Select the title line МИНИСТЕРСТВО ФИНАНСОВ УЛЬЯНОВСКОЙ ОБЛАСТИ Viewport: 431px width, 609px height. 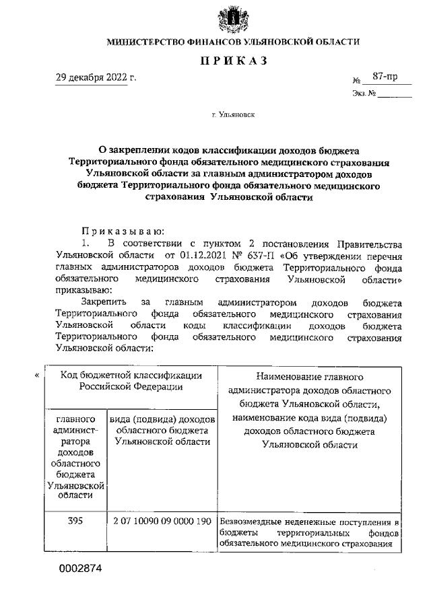[233, 42]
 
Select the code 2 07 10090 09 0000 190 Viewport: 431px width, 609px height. [162, 522]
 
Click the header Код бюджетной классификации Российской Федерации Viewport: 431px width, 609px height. [131, 381]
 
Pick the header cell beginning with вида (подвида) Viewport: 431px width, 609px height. [162, 429]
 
